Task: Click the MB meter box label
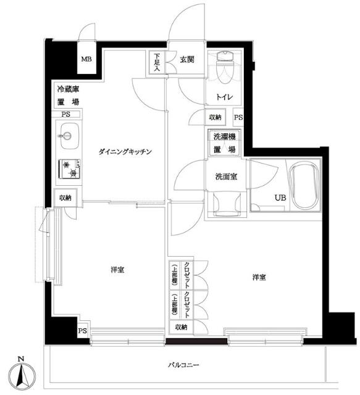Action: pos(86,59)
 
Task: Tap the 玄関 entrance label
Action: pos(187,59)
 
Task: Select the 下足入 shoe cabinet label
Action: pos(157,62)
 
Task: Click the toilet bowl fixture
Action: pos(225,67)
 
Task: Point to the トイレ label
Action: pos(224,97)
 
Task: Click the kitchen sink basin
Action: pos(67,136)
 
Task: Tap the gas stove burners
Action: pos(69,168)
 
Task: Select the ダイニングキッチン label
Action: pos(125,152)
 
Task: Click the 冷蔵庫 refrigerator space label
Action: pos(68,89)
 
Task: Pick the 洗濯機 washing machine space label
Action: pos(224,137)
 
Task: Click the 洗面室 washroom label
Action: pos(226,177)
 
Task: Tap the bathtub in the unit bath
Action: pos(304,186)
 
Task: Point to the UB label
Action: pos(280,197)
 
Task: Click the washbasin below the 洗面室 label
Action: pos(226,204)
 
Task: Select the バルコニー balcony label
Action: pos(183,365)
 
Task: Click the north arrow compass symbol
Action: pos(22,375)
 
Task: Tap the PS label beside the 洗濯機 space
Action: pos(238,117)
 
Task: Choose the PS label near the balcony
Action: pos(82,331)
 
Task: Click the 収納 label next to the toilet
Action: pos(215,117)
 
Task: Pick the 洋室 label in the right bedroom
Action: pos(259,277)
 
